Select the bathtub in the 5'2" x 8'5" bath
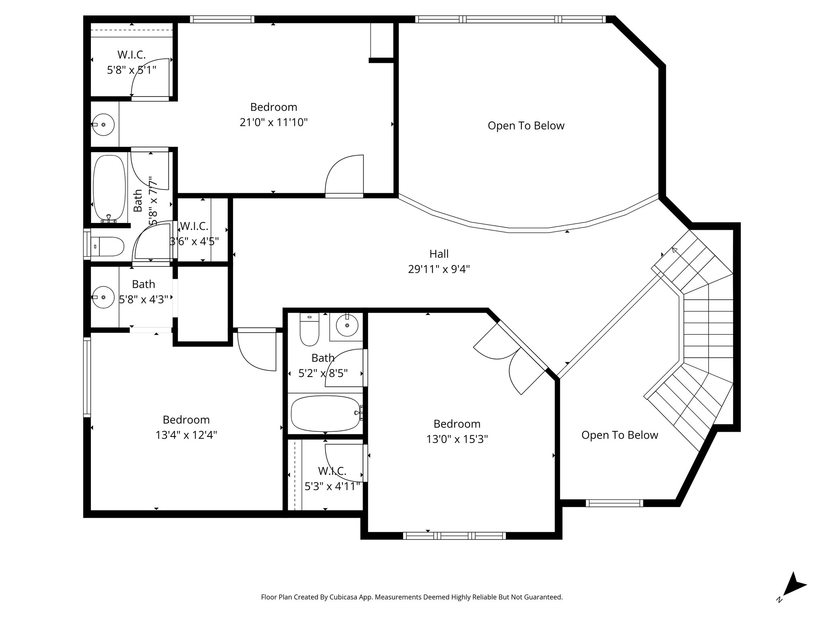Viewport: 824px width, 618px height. click(325, 413)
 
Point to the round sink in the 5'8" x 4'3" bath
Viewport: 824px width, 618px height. click(103, 297)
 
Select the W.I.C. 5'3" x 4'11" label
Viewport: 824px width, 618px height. click(332, 479)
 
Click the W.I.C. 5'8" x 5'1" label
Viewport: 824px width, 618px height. click(132, 62)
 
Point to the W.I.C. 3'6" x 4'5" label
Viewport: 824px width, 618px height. click(194, 234)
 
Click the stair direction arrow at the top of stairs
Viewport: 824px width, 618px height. click(675, 251)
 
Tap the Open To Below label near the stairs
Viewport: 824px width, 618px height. click(619, 435)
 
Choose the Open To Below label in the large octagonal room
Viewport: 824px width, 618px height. click(525, 126)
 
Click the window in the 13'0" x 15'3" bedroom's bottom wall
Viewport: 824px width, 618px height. click(454, 536)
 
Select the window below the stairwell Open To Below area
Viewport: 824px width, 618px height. click(614, 503)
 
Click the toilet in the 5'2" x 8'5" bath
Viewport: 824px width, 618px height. click(309, 330)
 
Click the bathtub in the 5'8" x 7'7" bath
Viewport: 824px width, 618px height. click(109, 187)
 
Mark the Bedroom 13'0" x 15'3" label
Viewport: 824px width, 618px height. click(457, 431)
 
